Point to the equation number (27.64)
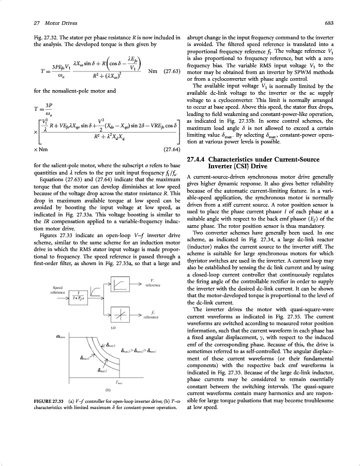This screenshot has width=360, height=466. click(171, 149)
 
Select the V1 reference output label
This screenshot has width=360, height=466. click(152, 283)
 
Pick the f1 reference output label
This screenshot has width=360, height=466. click(152, 314)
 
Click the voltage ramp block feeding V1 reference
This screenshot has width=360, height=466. click(120, 284)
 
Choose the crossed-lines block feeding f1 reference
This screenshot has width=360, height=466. click(120, 315)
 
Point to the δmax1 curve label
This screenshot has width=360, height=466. click(86, 357)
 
